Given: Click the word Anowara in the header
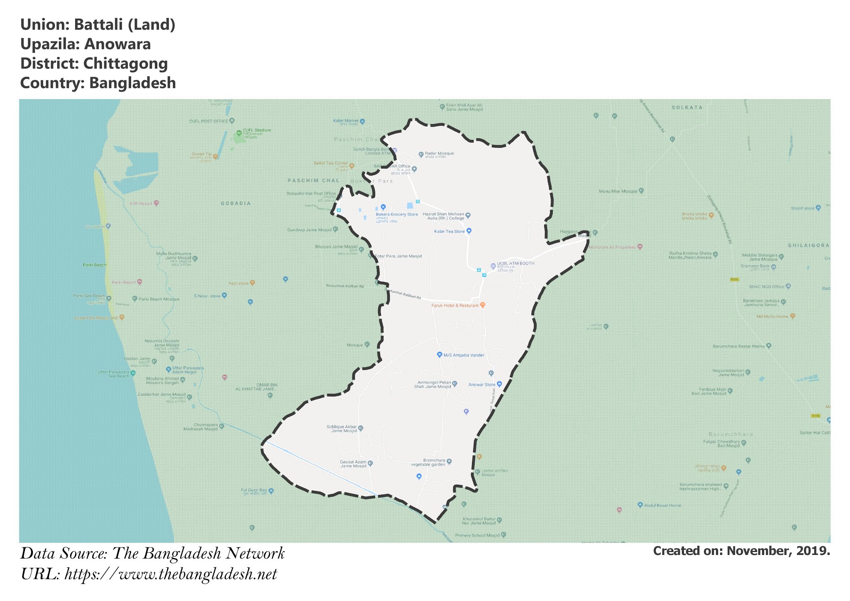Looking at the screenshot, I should pos(117,44).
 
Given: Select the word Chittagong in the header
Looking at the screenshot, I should pos(125,64).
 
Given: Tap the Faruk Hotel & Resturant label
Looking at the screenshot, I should pos(455,305).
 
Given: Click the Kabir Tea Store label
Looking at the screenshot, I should pos(449,232).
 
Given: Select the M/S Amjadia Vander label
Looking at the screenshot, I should pos(464,355).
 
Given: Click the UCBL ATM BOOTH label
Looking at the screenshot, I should pos(515,264).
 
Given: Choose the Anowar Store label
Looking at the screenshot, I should pos(481,385).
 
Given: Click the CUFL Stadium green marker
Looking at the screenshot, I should pos(239,133).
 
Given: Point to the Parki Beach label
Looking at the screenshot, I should pos(95,265).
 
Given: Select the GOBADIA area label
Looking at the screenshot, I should pos(236,203).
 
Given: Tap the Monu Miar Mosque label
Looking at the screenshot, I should pos(618,191).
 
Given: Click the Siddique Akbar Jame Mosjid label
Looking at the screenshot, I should pos(342,429).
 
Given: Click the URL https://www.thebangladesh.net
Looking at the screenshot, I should pos(171,574).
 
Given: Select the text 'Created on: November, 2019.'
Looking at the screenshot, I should pos(741,551).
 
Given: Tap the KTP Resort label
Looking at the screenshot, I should pos(141,204).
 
